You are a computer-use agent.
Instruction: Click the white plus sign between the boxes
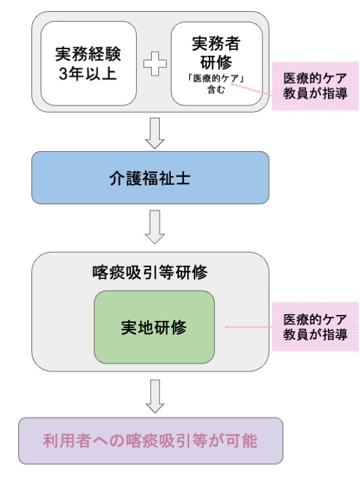[x=155, y=64]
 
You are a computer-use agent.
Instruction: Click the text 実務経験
[x=88, y=54]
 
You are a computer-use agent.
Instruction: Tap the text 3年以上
[x=88, y=73]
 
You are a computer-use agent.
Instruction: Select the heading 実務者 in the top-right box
[x=216, y=43]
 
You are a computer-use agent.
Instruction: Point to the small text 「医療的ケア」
[x=216, y=79]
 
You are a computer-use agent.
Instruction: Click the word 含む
[x=216, y=90]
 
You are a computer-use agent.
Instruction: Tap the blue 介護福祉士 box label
[x=150, y=178]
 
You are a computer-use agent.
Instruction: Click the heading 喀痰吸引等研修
[x=150, y=272]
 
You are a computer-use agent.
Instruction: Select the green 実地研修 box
[x=154, y=327]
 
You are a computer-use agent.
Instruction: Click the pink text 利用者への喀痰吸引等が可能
[x=150, y=441]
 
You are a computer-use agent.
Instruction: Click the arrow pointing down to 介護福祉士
[x=154, y=134]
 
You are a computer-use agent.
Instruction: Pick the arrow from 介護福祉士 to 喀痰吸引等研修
[x=154, y=227]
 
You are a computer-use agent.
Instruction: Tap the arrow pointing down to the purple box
[x=155, y=396]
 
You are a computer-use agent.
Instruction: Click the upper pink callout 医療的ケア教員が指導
[x=315, y=86]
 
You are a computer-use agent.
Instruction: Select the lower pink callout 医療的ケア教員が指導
[x=315, y=327]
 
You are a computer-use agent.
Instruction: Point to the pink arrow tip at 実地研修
[x=225, y=327]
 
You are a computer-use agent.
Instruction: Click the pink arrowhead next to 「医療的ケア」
[x=231, y=83]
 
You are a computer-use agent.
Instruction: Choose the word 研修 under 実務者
[x=216, y=62]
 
